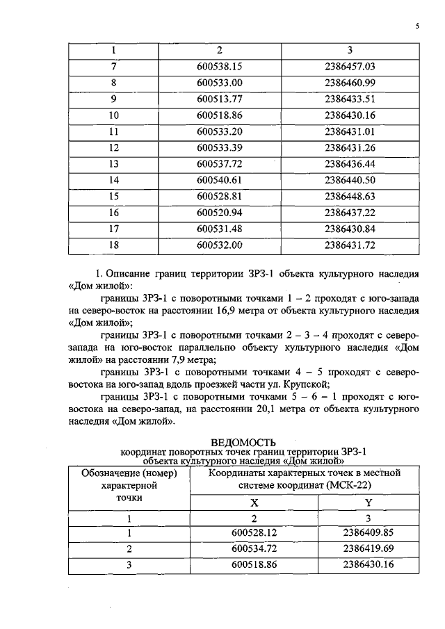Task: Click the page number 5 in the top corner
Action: pyautogui.click(x=417, y=26)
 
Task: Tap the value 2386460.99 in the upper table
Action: pyautogui.click(x=349, y=83)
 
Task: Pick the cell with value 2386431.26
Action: pyautogui.click(x=349, y=147)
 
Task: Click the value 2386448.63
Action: pyautogui.click(x=349, y=196)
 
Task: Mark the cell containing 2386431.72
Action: pyautogui.click(x=349, y=245)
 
